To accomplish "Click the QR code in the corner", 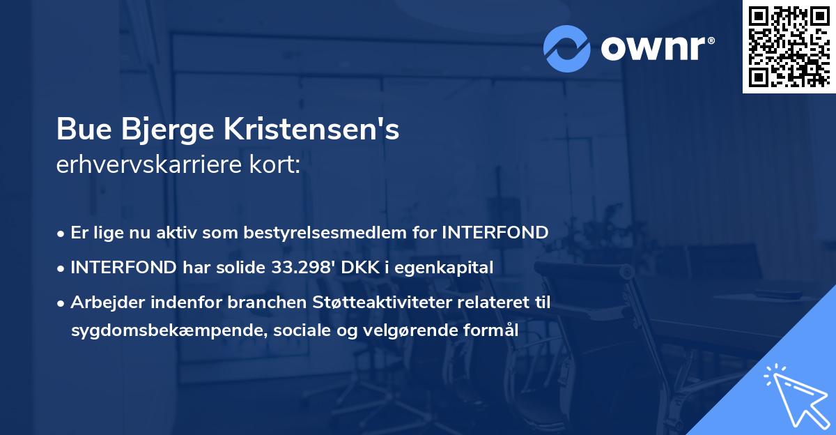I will pyautogui.click(x=788, y=47).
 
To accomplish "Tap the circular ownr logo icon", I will pyautogui.click(x=566, y=47).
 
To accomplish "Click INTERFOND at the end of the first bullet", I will pyautogui.click(x=495, y=233).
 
